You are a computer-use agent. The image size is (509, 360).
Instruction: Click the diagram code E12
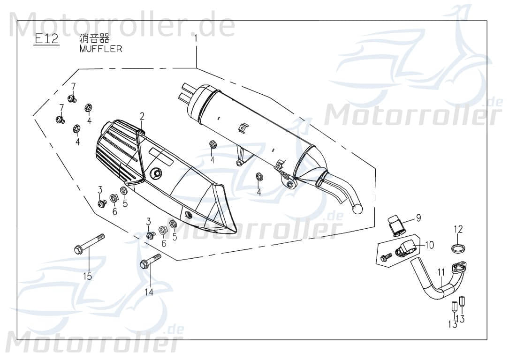(46, 39)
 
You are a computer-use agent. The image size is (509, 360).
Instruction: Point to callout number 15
(87, 276)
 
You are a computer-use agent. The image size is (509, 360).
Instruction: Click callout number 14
(149, 292)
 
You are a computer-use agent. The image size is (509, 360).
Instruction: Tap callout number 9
(418, 217)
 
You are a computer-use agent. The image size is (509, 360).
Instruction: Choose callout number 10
(430, 245)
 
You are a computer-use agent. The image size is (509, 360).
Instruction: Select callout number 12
(458, 229)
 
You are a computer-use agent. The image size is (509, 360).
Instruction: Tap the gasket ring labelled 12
(458, 247)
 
